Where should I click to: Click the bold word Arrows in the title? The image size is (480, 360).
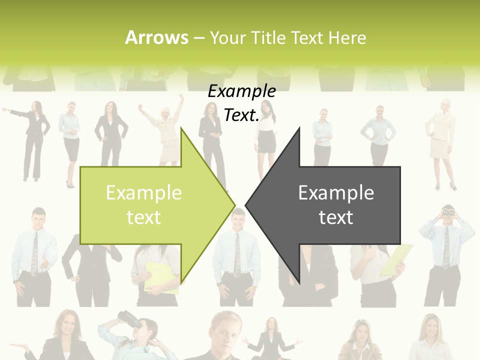click(x=157, y=37)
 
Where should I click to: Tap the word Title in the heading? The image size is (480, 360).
click(x=269, y=37)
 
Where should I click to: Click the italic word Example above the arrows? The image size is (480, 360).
click(x=241, y=91)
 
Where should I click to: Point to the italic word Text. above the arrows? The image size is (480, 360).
click(x=241, y=115)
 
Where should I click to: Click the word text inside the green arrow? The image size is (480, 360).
click(x=143, y=217)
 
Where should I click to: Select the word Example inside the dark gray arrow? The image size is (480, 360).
click(x=336, y=192)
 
